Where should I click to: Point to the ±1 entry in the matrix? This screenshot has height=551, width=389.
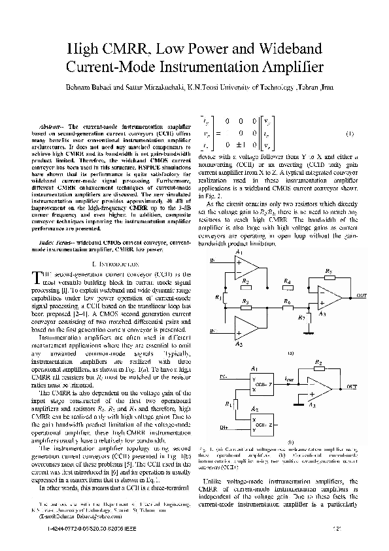click(241, 144)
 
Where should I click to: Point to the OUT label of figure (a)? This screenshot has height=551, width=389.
click(362, 296)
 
